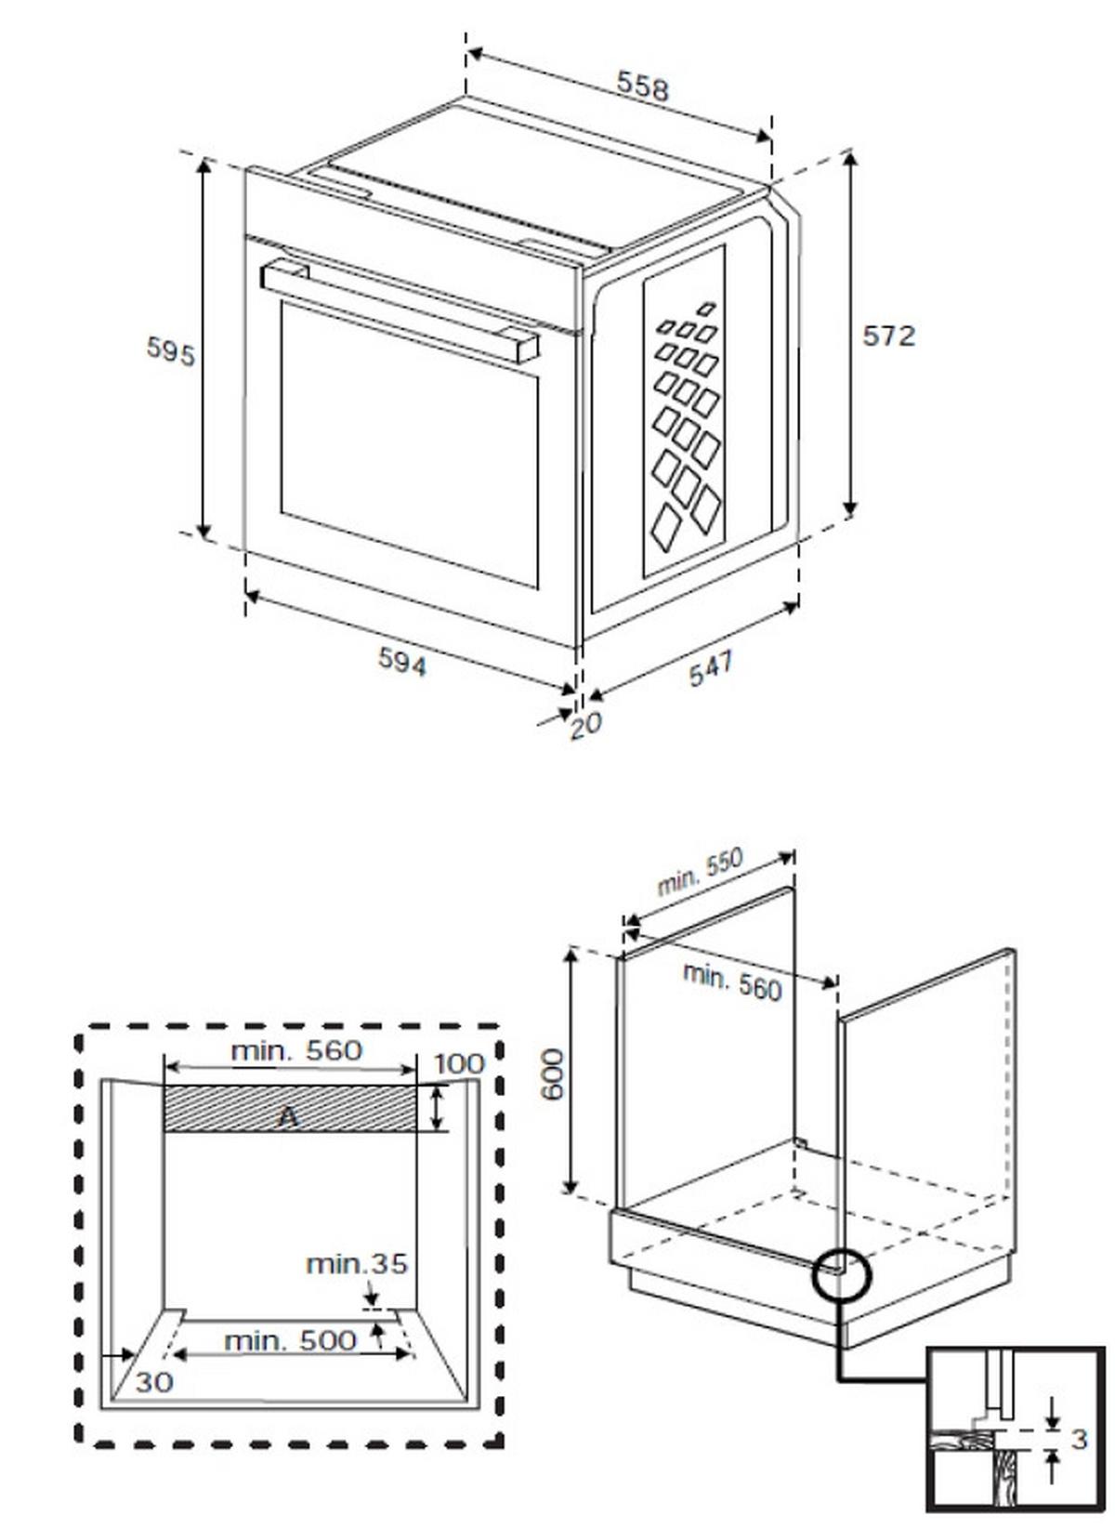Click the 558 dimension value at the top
coord(643,87)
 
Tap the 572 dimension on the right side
coord(888,336)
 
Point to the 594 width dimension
coord(402,662)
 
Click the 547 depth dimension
coord(711,668)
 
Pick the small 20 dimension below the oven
coord(586,724)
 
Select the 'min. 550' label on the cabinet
coord(700,873)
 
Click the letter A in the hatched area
coord(289,1116)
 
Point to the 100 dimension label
coord(459,1063)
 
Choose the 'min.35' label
coord(357,1264)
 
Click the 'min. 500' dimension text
coord(290,1340)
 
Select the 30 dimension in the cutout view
coord(154,1382)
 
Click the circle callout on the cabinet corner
coord(842,1275)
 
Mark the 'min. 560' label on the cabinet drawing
coord(732,981)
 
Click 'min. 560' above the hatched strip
coord(295,1050)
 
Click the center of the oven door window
coord(409,444)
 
